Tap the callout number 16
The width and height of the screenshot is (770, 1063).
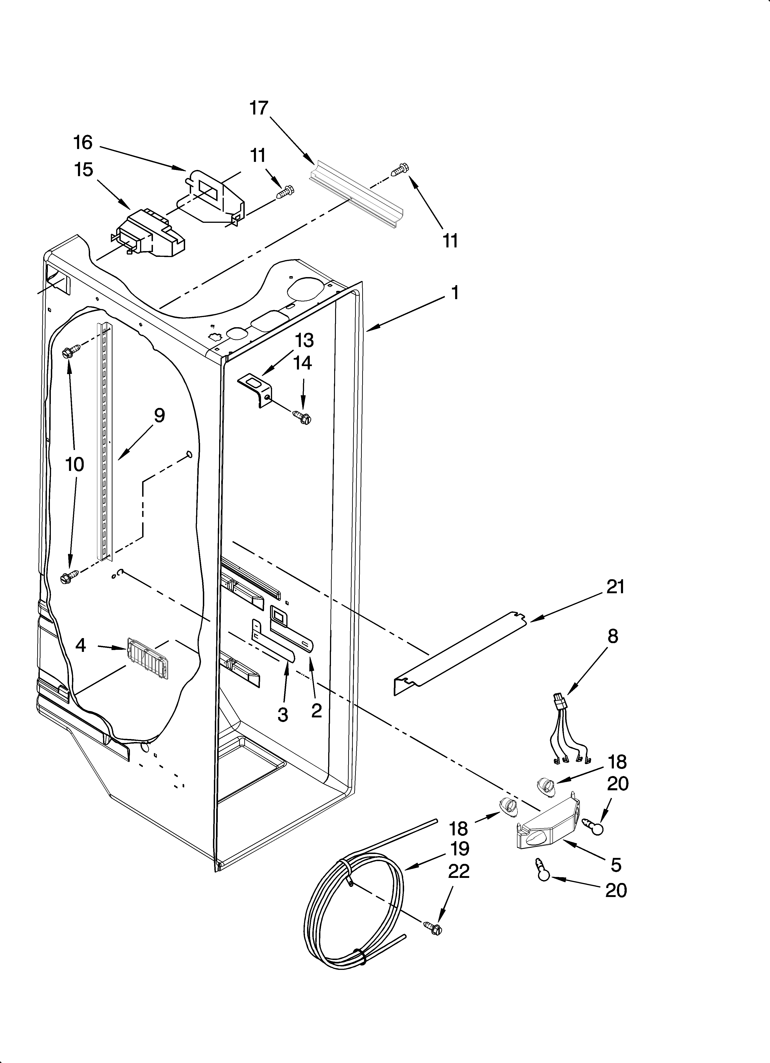83,143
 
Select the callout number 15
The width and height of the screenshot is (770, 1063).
83,170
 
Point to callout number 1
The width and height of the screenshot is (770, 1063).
454,293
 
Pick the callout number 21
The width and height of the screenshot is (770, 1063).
615,587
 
